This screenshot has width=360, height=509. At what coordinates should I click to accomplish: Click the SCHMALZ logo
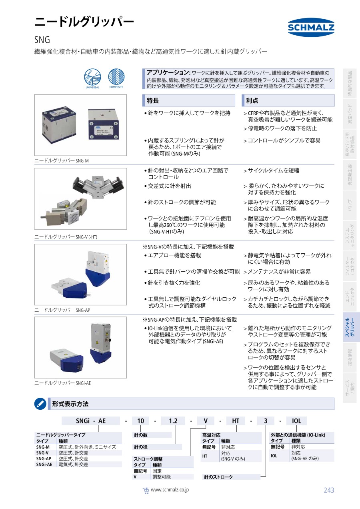[311, 27]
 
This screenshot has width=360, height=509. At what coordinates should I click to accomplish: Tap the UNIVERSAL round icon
[92, 77]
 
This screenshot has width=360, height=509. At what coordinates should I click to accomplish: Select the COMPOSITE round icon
[116, 77]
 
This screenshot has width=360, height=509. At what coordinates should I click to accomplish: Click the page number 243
[329, 490]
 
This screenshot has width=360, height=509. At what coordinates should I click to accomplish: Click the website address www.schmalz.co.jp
[170, 490]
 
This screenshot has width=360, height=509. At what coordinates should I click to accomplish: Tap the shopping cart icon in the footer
[146, 491]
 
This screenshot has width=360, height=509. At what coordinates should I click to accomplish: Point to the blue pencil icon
[40, 404]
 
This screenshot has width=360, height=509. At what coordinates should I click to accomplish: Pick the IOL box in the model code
[296, 421]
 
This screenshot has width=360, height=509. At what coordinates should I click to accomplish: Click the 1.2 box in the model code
[173, 421]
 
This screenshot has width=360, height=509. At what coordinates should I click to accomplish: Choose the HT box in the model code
[236, 421]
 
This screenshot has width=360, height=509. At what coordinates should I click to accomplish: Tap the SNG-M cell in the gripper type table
[43, 447]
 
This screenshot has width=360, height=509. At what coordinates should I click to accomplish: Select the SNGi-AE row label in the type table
[44, 465]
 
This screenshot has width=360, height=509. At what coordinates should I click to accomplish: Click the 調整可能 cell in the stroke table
[162, 477]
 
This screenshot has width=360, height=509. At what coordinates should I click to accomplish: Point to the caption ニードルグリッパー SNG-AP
[62, 310]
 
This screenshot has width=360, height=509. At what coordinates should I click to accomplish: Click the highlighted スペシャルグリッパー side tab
[350, 327]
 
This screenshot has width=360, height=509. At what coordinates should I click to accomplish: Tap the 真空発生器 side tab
[350, 174]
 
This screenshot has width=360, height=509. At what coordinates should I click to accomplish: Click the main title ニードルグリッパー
[84, 22]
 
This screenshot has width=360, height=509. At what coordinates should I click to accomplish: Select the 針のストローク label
[218, 477]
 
